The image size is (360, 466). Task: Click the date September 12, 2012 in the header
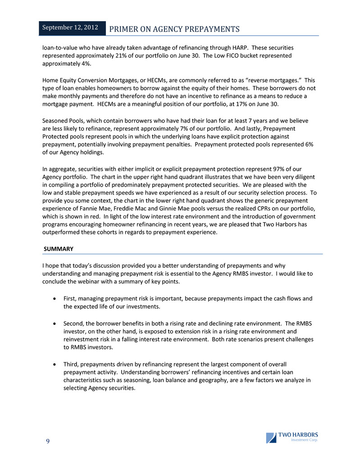pos(70,28)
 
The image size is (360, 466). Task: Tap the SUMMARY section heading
pos(59,249)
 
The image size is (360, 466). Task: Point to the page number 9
pos(46,441)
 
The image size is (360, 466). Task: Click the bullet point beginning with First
pos(54,298)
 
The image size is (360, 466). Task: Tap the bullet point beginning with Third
pos(54,363)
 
